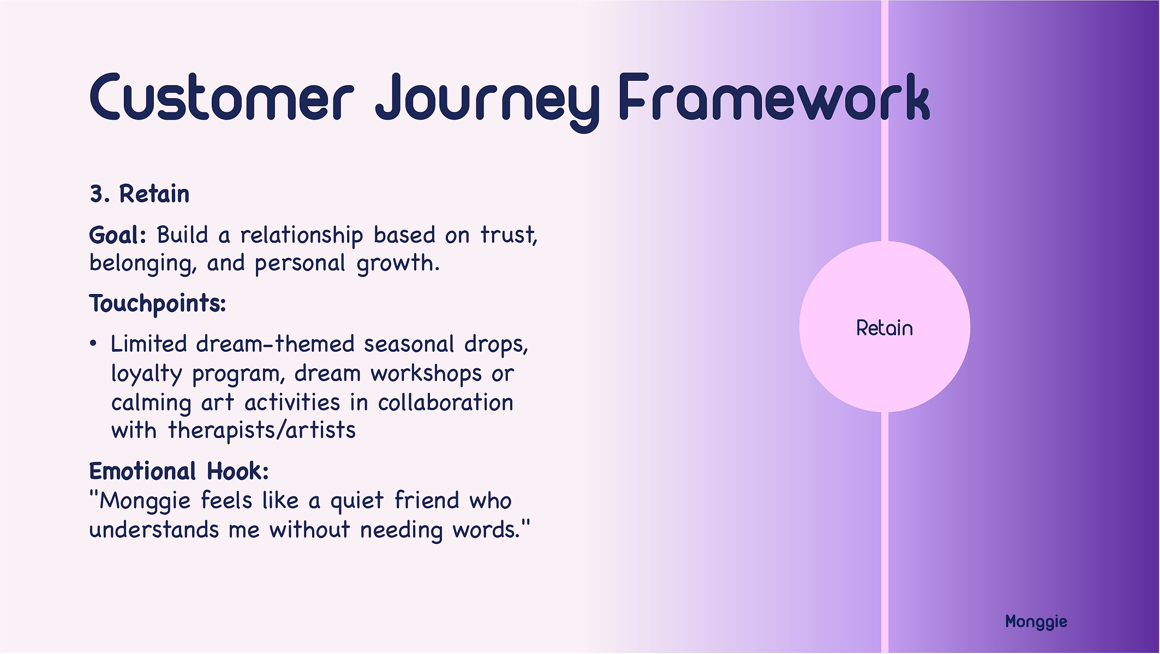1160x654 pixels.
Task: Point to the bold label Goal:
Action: point(118,235)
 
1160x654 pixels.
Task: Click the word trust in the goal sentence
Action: point(509,235)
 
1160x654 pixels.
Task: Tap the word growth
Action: point(398,264)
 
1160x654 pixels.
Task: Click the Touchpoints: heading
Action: point(158,304)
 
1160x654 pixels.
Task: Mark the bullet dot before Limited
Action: point(93,344)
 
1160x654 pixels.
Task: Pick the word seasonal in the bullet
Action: point(409,344)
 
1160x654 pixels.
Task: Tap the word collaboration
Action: point(445,403)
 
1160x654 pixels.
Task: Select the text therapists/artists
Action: point(261,431)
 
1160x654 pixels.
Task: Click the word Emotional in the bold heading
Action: point(142,471)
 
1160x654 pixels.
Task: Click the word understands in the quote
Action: point(154,530)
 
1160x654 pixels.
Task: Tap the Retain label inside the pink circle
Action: point(884,328)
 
